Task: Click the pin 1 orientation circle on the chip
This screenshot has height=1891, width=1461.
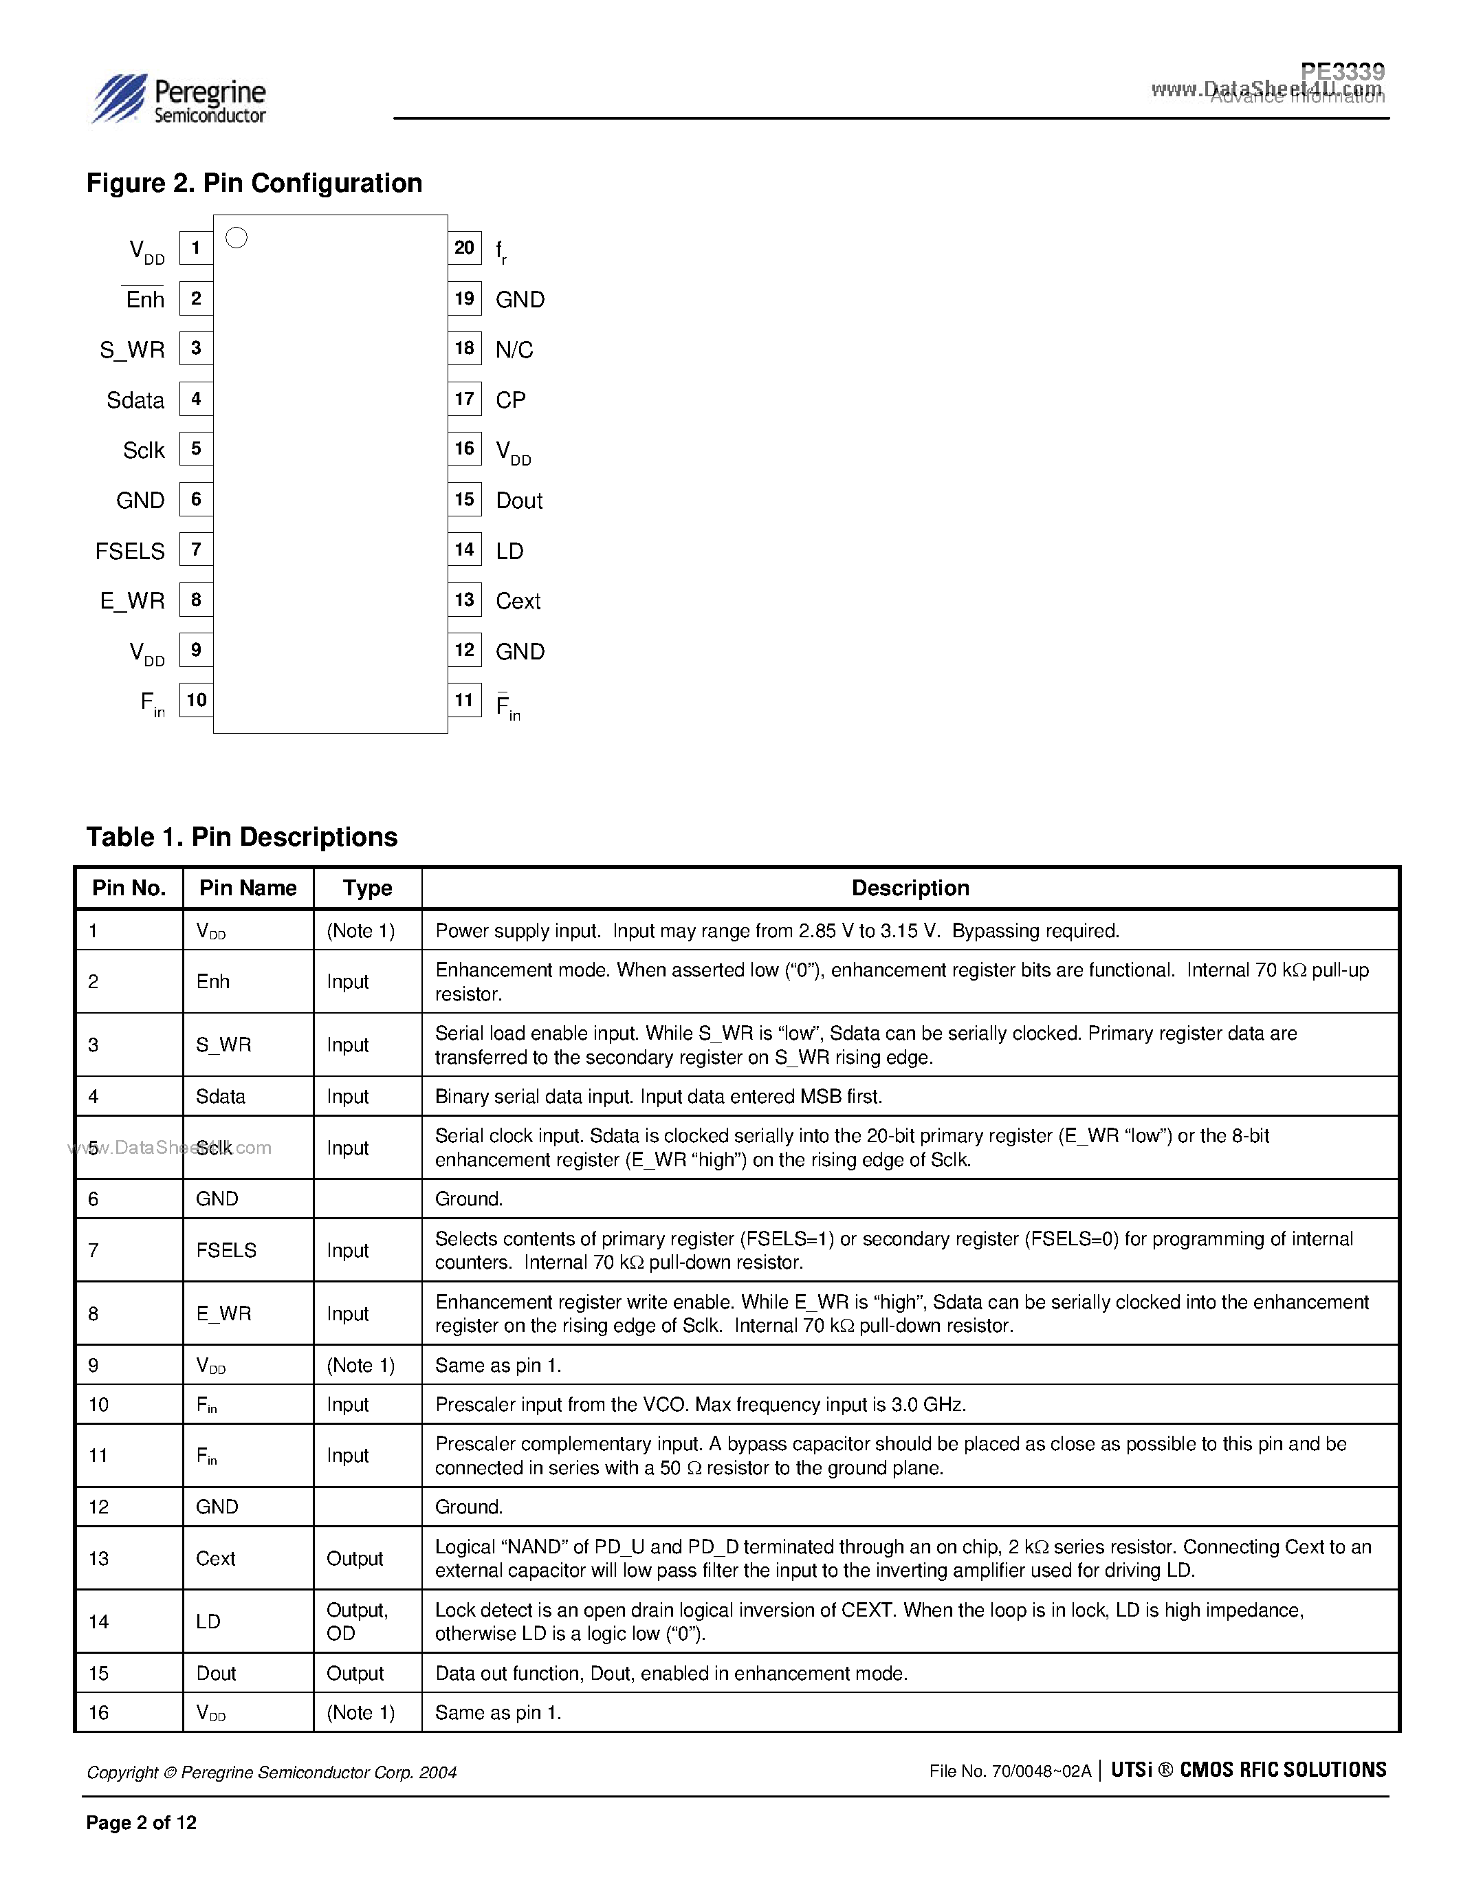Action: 237,237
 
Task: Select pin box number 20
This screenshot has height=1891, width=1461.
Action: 464,248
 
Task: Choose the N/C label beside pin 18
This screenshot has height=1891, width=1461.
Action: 514,350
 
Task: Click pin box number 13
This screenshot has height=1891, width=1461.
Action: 464,600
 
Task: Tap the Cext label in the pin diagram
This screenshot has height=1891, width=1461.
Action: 518,601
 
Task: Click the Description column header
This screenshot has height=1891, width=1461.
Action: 910,888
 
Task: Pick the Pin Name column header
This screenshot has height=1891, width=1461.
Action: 248,888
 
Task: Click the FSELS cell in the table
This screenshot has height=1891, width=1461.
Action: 226,1250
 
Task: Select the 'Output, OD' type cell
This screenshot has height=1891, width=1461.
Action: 357,1621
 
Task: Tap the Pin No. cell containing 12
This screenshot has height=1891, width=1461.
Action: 99,1507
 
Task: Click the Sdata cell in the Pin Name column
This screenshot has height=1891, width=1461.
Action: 221,1096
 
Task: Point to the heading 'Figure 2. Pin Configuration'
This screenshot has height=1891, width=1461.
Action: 254,184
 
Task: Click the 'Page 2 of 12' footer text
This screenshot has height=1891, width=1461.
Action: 141,1823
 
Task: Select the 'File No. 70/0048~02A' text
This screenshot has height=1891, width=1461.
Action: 1009,1771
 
